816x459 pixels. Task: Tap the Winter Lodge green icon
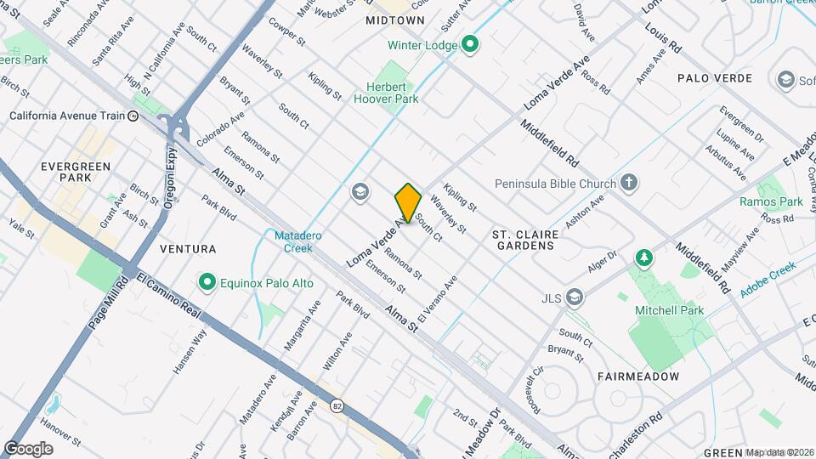tap(469, 46)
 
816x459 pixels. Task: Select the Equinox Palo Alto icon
tap(206, 282)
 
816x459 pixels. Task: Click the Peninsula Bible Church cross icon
tap(628, 183)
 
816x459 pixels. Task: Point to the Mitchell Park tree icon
tap(644, 258)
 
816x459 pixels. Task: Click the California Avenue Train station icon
tap(133, 116)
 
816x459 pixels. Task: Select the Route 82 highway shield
tap(337, 406)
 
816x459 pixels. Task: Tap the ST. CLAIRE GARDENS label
tap(524, 239)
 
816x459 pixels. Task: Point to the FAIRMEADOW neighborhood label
tap(637, 376)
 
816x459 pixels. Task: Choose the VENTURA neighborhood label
tap(188, 249)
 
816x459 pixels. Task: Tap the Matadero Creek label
tap(293, 241)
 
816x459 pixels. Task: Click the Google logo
tap(28, 448)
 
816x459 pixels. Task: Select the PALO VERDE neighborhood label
tap(715, 78)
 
